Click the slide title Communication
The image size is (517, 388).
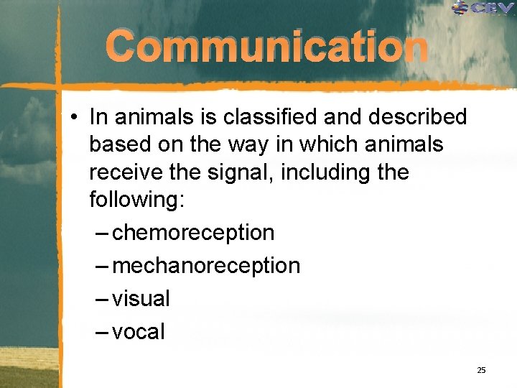pos(267,48)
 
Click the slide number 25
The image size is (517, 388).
pos(481,370)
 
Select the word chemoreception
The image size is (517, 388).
pos(194,233)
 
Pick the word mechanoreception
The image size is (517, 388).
pos(207,266)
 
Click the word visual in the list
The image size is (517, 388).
pos(141,299)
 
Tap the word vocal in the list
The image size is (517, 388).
pos(139,332)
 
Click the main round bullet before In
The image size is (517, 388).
pos(75,117)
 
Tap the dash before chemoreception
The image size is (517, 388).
pos(102,233)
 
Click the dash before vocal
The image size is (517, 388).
pos(102,332)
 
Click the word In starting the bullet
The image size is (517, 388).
pos(98,116)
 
